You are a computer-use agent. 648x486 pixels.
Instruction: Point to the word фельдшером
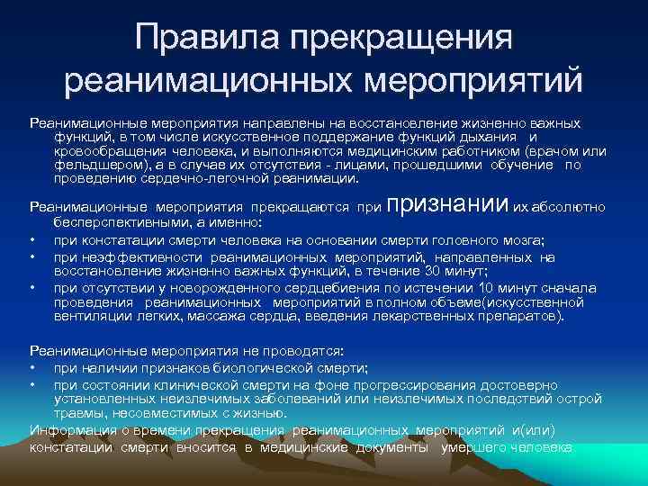97,166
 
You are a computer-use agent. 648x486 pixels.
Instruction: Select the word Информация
67,430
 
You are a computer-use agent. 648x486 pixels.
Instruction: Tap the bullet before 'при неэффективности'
32,256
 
